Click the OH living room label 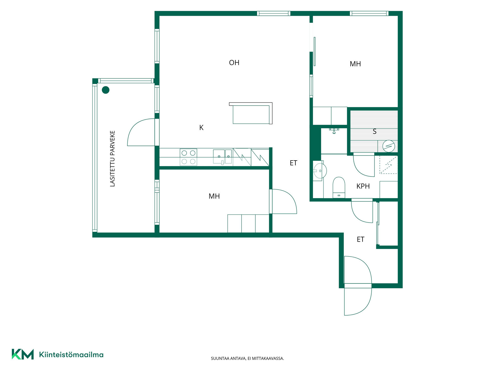(x=234, y=63)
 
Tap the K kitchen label (x=201, y=128)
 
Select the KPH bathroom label (x=363, y=186)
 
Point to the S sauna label (x=375, y=131)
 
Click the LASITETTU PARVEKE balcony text (x=112, y=158)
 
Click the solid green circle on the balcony (x=106, y=90)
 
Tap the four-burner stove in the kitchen (x=188, y=157)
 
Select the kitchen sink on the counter (x=222, y=157)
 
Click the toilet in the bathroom (x=339, y=187)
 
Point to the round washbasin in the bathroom (x=320, y=171)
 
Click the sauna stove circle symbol (x=389, y=146)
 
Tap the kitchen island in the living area (x=251, y=113)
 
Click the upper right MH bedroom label (x=355, y=64)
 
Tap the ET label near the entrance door (x=360, y=239)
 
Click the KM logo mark (x=23, y=354)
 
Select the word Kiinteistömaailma (x=71, y=355)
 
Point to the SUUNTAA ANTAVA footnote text (x=247, y=358)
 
